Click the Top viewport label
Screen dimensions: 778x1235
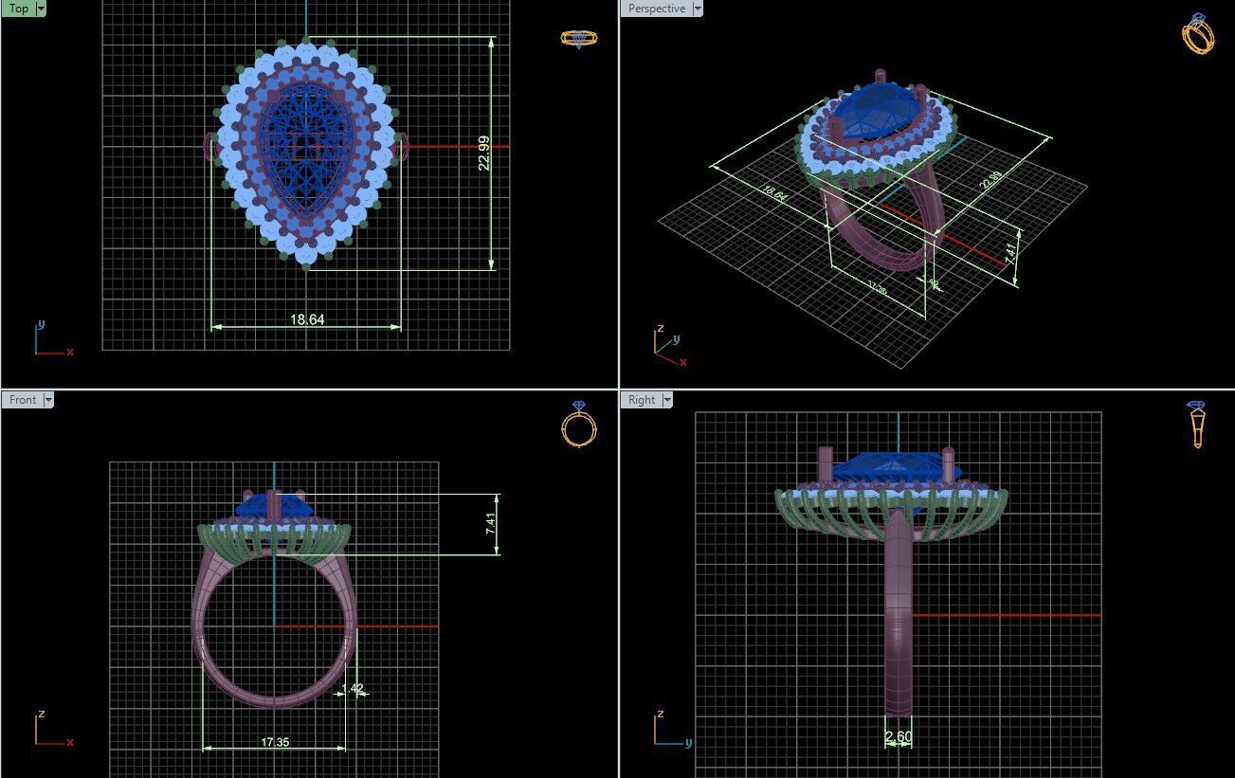18,9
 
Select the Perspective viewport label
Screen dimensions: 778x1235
656,9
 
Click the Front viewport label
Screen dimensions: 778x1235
22,400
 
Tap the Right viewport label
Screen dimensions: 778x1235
642,400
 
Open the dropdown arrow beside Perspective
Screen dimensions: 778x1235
698,9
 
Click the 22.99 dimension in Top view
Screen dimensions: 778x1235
484,153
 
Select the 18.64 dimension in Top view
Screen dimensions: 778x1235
307,320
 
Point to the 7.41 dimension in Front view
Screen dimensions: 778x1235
490,524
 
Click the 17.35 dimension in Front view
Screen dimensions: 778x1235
275,742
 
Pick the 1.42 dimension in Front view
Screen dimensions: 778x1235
353,689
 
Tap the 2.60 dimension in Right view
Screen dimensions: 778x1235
898,737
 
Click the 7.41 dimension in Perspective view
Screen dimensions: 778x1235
1010,253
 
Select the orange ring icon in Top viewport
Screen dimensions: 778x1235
578,39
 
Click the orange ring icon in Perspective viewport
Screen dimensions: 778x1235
1198,34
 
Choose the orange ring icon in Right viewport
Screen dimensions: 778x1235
1197,424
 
